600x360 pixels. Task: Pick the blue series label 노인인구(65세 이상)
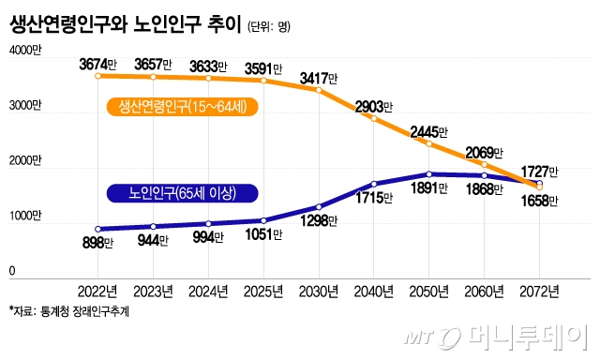(181, 193)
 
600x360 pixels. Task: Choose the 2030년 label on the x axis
(320, 291)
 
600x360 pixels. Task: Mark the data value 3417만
(321, 77)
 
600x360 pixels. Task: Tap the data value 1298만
(320, 221)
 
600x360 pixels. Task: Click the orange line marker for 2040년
(374, 119)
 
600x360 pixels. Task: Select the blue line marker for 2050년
(429, 174)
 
